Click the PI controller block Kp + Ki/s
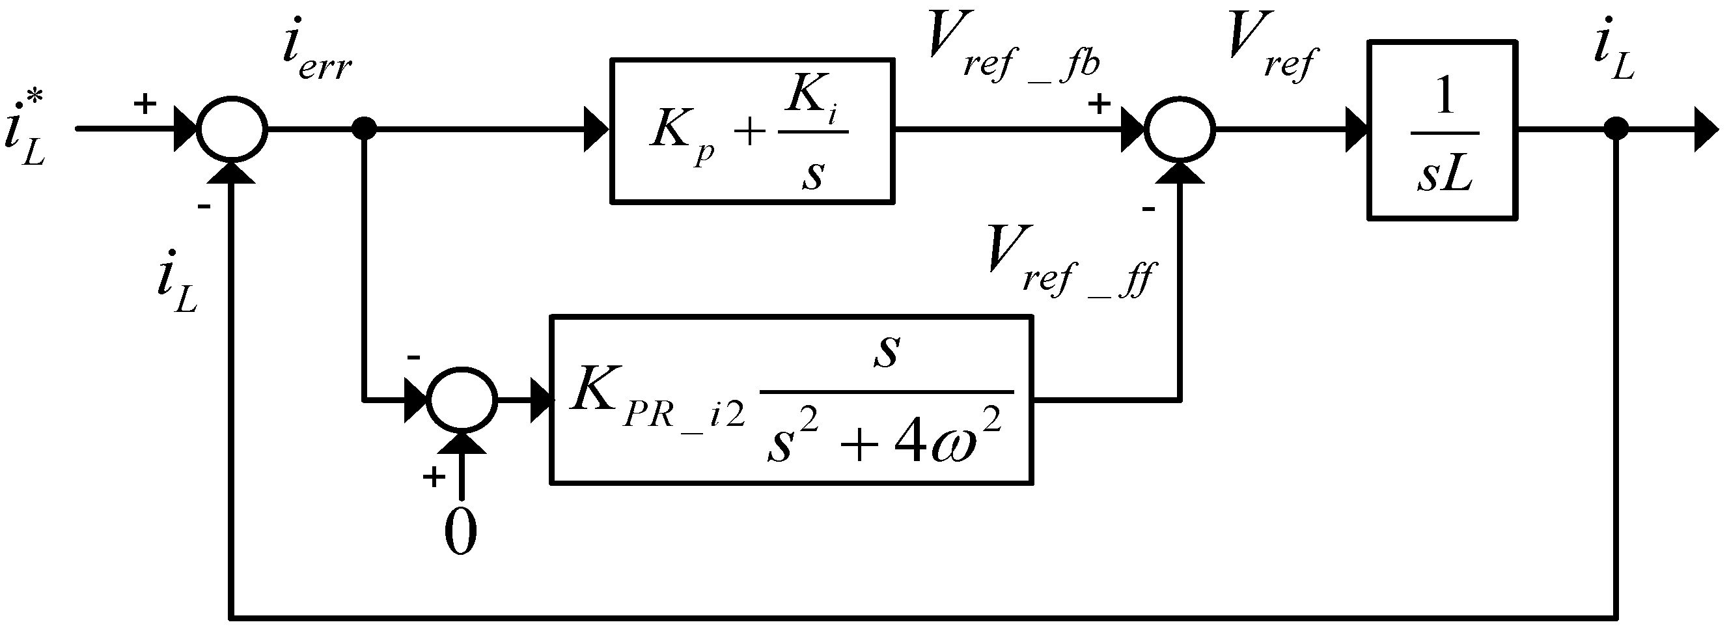[752, 130]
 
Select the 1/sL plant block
[1443, 130]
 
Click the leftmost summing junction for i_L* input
[232, 129]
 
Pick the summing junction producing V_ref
[1180, 129]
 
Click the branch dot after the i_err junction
[365, 129]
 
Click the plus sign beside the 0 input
[434, 477]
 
